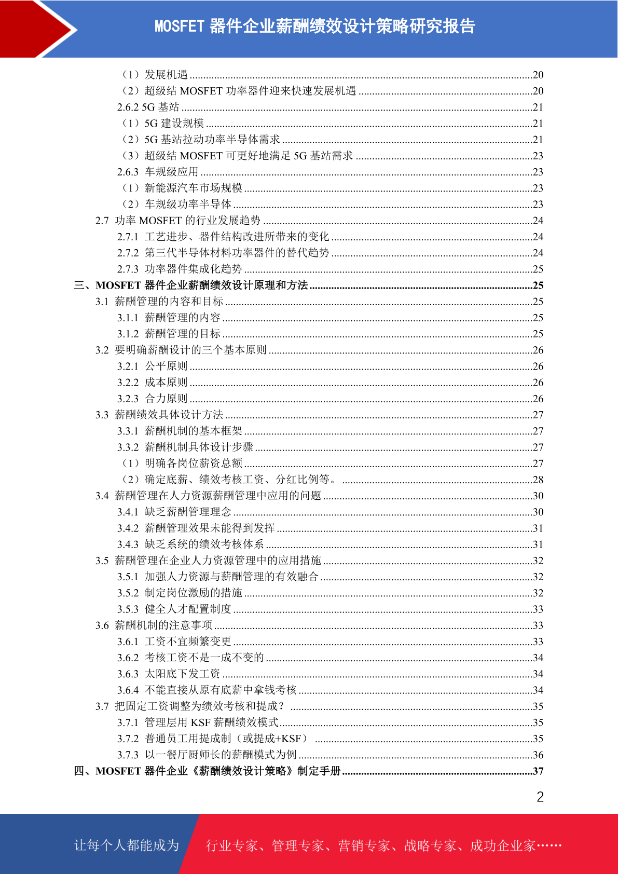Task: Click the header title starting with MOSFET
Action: pos(315,26)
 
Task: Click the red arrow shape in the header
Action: pos(36,28)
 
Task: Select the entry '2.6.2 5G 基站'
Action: pos(148,107)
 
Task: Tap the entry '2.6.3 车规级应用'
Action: pos(158,172)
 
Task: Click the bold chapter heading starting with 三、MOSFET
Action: pos(191,285)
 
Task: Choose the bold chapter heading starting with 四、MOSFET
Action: pos(207,771)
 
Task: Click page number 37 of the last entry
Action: pos(538,771)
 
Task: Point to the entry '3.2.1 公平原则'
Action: pos(152,366)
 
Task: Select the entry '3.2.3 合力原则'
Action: pos(152,399)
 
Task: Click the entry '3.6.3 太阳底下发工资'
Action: pos(169,674)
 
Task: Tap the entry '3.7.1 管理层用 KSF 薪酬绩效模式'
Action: pos(198,722)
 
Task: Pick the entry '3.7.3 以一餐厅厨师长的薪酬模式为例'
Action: pos(207,755)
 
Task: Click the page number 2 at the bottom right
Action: pos(540,797)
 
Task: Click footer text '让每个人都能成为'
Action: pos(127,845)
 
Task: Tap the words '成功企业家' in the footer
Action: pos(502,846)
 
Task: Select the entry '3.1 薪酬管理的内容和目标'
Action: pos(159,302)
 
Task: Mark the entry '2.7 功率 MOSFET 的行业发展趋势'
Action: pos(177,221)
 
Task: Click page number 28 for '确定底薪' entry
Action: pos(538,480)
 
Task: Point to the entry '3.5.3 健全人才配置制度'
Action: pos(174,609)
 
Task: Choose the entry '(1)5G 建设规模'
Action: pos(163,124)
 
